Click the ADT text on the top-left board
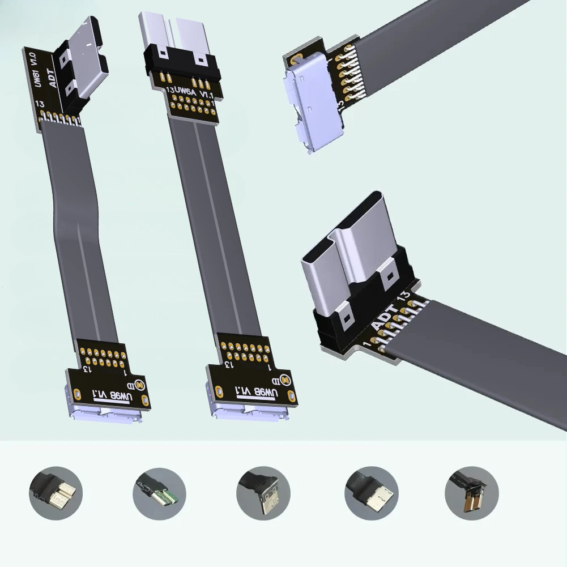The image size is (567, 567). click(x=53, y=76)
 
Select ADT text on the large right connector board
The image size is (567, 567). click(x=385, y=317)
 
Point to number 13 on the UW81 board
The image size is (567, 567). click(x=40, y=104)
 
